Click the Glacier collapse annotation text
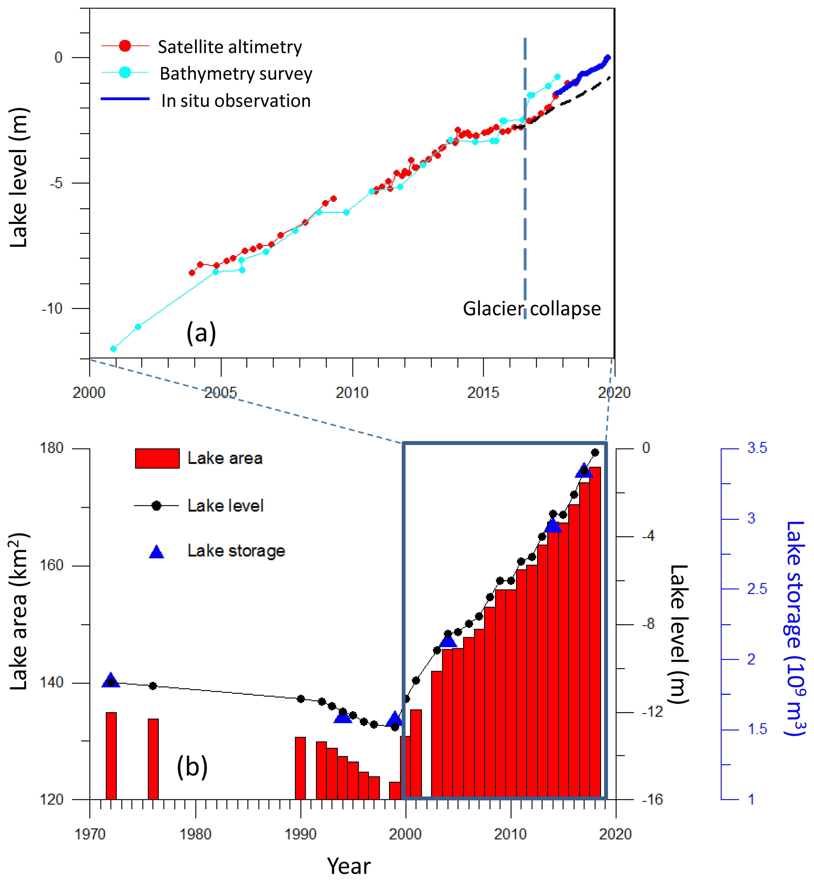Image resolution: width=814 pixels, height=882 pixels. pyautogui.click(x=532, y=308)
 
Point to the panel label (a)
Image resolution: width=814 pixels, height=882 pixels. pyautogui.click(x=201, y=333)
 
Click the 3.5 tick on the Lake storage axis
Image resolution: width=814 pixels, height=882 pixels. pyautogui.click(x=757, y=448)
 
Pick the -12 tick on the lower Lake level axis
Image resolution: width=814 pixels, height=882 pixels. pyautogui.click(x=652, y=712)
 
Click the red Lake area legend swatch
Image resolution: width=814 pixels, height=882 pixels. pyautogui.click(x=157, y=458)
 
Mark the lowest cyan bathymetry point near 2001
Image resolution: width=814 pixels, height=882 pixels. pyautogui.click(x=113, y=349)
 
